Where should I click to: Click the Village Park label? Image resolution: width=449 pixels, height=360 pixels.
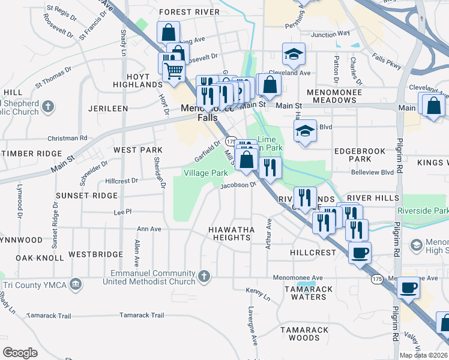pyautogui.click(x=205, y=173)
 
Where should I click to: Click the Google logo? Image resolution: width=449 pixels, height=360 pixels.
pyautogui.click(x=20, y=353)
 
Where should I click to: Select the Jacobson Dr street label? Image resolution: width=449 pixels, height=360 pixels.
pyautogui.click(x=238, y=185)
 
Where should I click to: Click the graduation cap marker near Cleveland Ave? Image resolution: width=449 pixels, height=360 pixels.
pyautogui.click(x=294, y=55)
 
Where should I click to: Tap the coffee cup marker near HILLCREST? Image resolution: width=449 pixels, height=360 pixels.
pyautogui.click(x=360, y=253)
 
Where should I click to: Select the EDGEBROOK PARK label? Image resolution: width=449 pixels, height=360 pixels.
pyautogui.click(x=352, y=155)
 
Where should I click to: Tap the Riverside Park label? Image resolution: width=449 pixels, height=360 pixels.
pyautogui.click(x=423, y=211)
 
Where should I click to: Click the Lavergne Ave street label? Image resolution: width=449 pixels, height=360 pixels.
pyautogui.click(x=254, y=326)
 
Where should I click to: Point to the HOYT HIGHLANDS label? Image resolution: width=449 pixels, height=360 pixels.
pyautogui.click(x=136, y=81)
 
